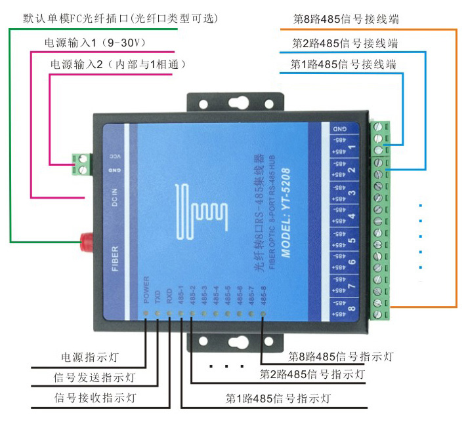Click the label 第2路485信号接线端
click(344, 43)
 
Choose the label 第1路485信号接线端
click(344, 64)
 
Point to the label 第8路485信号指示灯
click(341, 357)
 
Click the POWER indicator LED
click(146, 313)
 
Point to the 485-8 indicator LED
click(262, 314)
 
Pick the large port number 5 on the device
click(352, 240)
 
